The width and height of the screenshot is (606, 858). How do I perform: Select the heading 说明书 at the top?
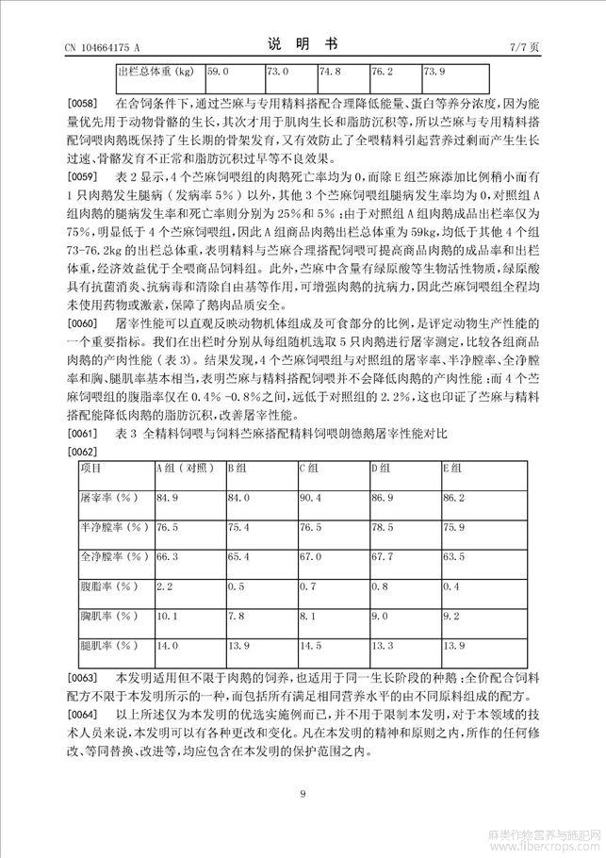point(303,43)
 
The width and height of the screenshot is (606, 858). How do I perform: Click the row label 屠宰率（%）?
point(109,497)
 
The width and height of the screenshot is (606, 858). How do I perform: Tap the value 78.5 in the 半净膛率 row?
point(382,527)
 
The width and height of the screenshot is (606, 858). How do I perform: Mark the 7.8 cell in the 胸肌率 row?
point(236,616)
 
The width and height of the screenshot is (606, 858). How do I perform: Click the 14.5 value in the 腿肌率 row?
point(310,646)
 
